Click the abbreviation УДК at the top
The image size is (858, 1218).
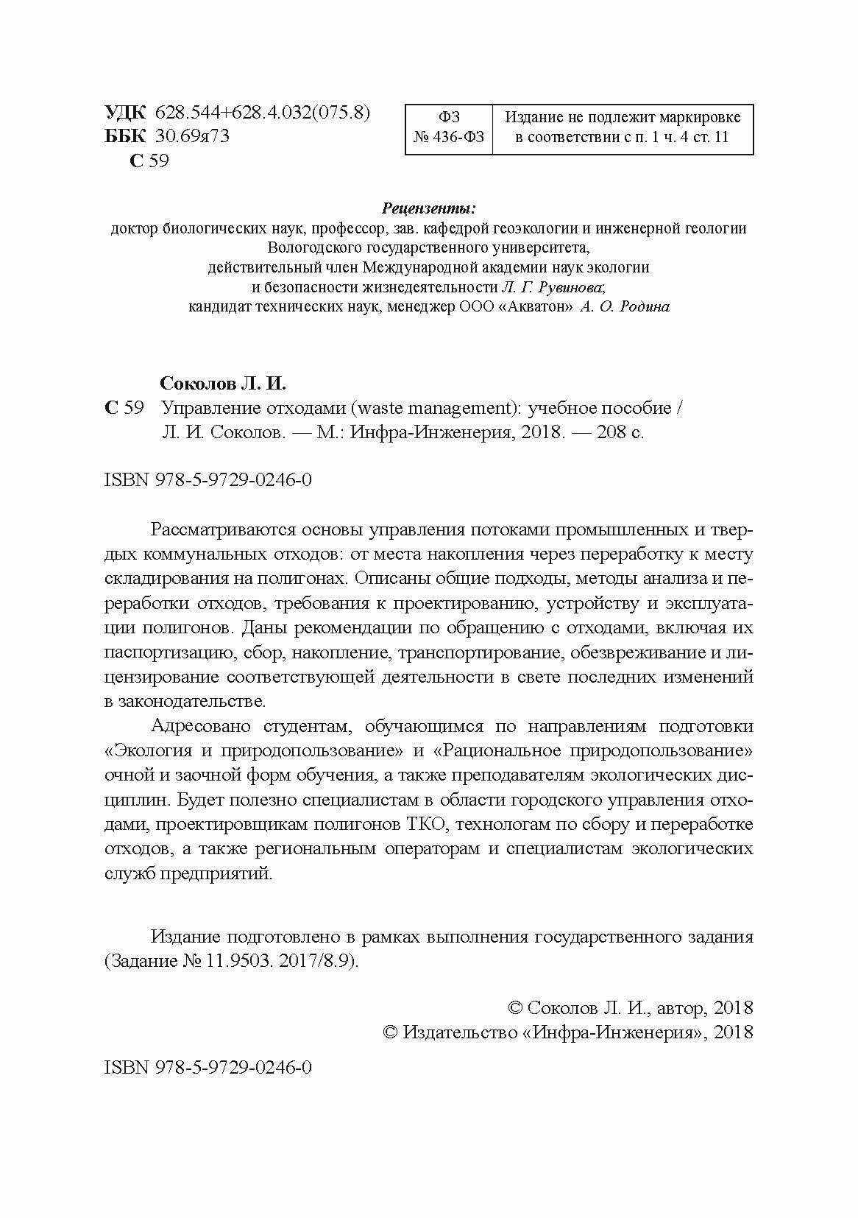126,113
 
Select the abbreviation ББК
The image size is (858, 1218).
126,136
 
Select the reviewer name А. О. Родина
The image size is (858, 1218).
625,307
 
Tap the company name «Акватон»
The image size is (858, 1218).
534,307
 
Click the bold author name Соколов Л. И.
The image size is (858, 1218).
223,384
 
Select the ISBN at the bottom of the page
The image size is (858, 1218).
209,1067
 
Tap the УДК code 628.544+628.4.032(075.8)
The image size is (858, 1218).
263,113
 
